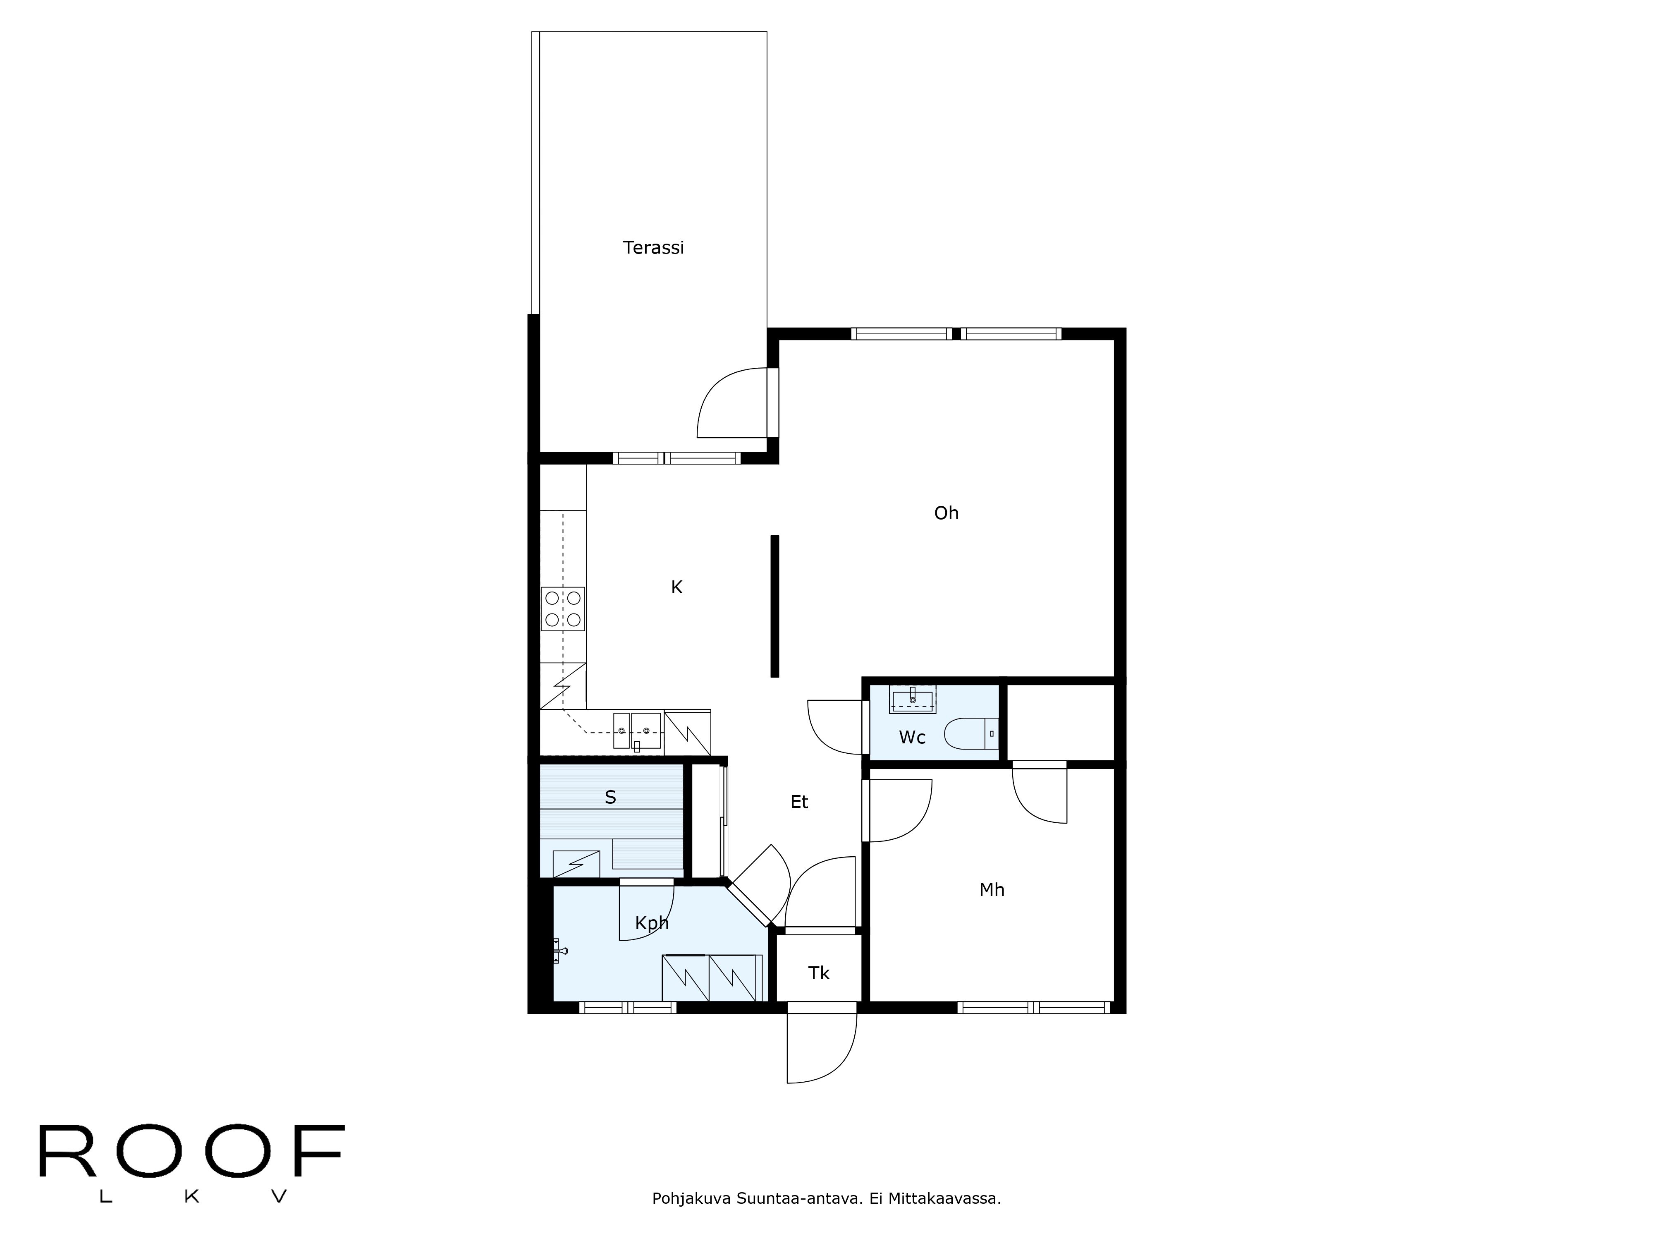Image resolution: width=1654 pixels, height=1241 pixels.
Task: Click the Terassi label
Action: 653,248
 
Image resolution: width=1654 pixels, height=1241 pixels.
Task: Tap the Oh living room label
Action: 946,513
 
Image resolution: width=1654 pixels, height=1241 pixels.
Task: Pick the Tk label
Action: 819,973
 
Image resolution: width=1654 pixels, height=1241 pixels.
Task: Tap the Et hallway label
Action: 799,802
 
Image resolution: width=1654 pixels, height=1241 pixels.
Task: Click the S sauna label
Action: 610,798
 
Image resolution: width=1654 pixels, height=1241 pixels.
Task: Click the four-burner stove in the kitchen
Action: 562,609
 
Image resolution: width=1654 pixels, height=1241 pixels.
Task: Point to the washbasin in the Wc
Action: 912,699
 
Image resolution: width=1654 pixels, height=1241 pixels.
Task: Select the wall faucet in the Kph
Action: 560,951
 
